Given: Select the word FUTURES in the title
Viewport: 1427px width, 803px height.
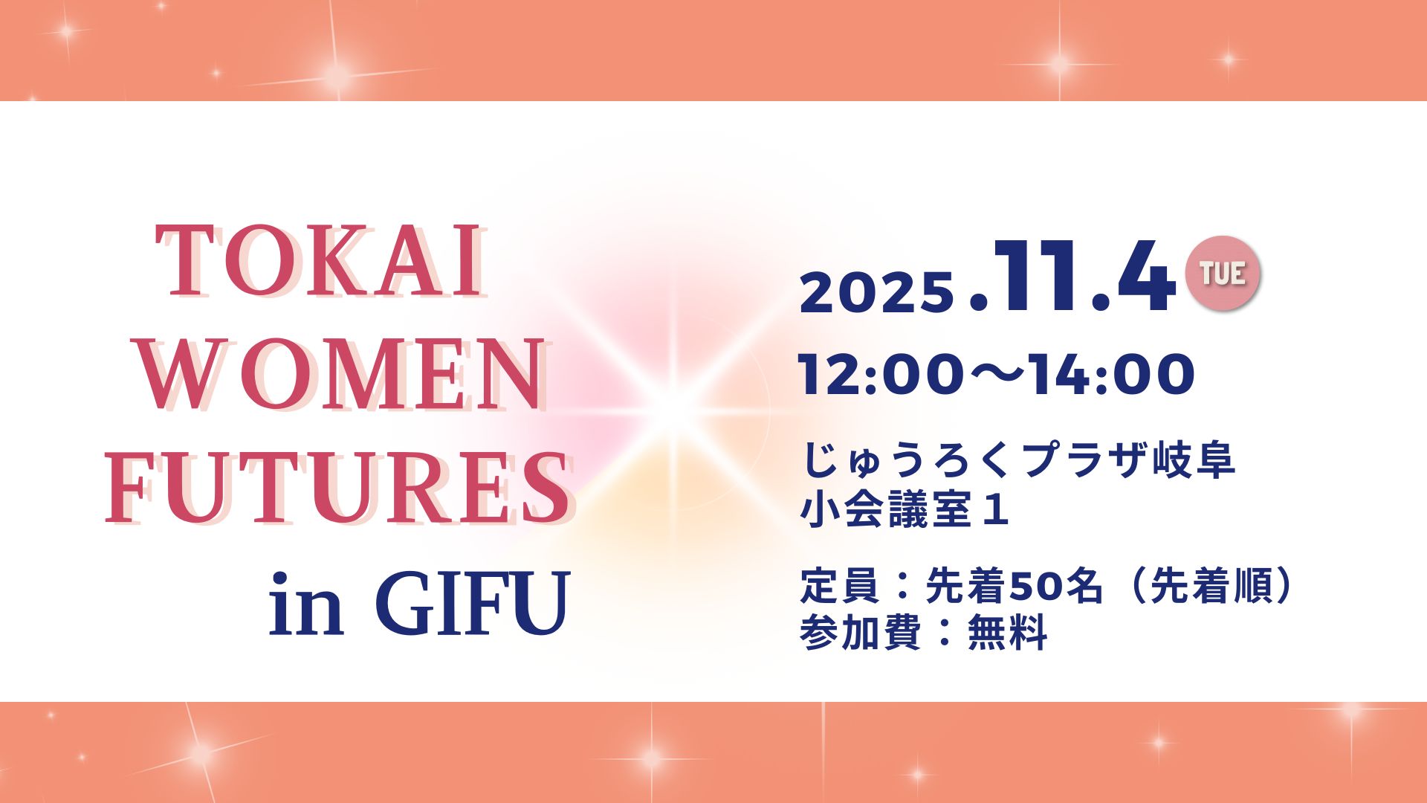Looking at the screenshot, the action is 339,489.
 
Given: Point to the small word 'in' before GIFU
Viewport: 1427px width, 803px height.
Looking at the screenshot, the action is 306,603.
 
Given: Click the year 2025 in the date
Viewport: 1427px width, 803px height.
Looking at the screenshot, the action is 877,291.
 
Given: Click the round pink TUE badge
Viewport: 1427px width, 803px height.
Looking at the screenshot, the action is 1223,273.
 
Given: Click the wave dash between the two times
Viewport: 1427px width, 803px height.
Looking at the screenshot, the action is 997,374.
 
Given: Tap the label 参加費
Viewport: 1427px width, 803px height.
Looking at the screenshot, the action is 861,632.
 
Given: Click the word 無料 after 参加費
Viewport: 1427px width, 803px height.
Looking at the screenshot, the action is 1008,632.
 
